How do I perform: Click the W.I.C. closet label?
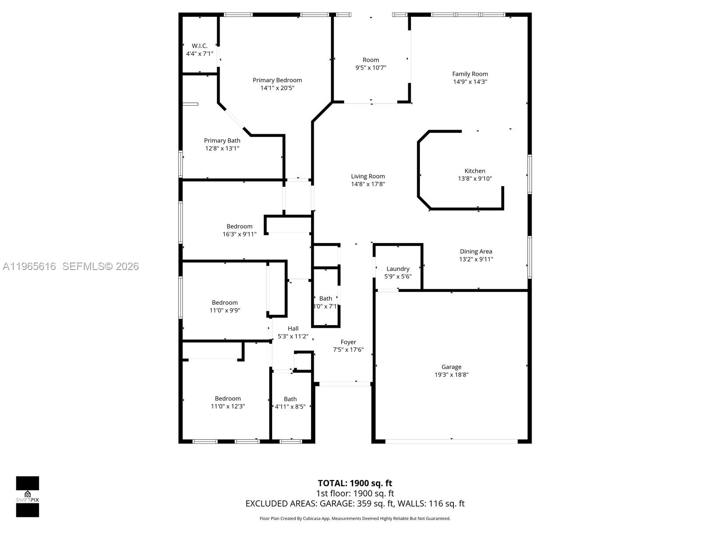click(200, 46)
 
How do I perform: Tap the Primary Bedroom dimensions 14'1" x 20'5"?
click(277, 88)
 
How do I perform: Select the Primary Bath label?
click(222, 140)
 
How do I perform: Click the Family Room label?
click(470, 74)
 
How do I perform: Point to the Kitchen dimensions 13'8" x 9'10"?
click(475, 179)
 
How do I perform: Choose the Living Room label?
click(368, 176)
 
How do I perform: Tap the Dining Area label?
click(476, 251)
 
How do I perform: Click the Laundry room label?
click(398, 269)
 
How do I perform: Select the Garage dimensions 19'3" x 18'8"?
click(451, 374)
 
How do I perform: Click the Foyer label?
click(348, 342)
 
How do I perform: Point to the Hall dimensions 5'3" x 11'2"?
click(293, 336)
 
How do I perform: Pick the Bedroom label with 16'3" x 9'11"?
click(239, 227)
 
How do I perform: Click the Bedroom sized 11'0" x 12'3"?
click(228, 399)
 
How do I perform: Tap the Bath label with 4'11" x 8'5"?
click(290, 399)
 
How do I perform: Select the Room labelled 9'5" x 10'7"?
click(371, 60)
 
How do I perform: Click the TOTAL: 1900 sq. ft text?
click(355, 483)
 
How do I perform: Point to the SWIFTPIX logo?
click(28, 497)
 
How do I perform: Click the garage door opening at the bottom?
click(451, 441)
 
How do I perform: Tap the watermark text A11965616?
click(29, 266)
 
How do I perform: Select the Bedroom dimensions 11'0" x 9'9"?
click(225, 310)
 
